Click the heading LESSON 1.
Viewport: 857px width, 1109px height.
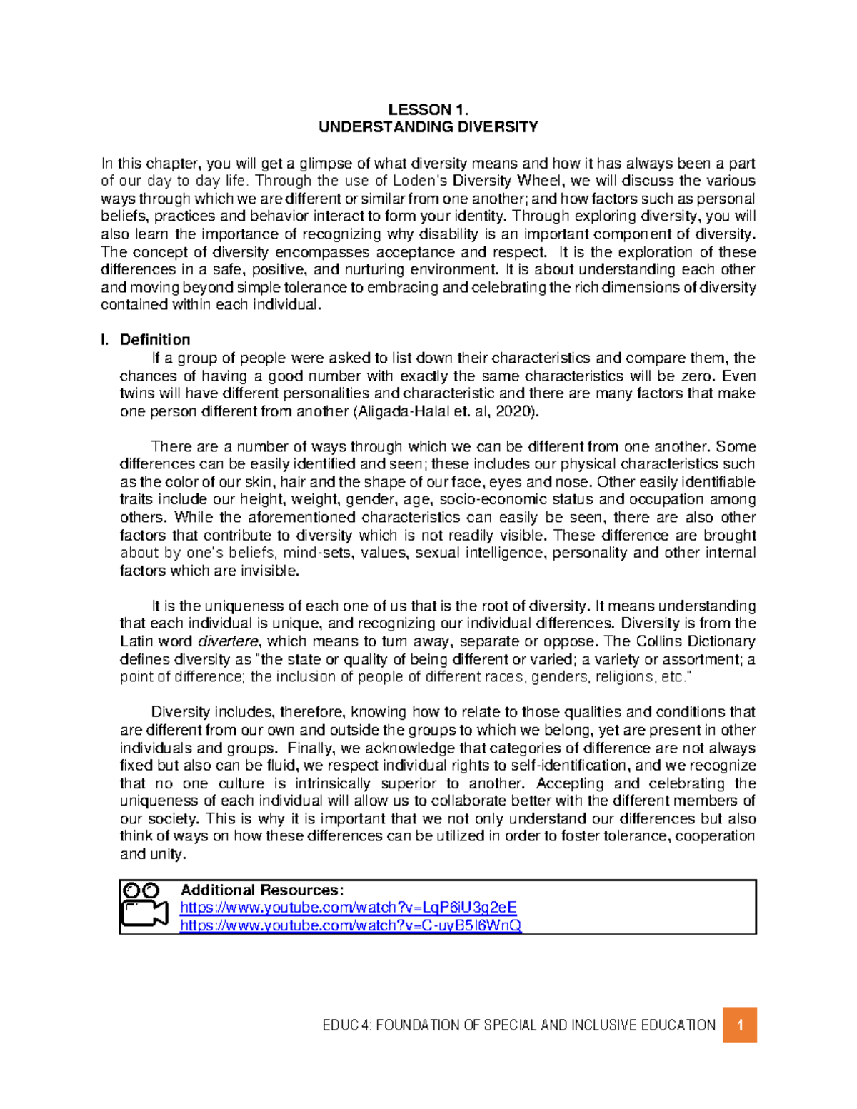[428, 109]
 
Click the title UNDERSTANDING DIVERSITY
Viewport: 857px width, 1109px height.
[428, 127]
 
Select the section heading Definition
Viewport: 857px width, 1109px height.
[155, 340]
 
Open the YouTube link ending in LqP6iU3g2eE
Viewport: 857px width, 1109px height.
[349, 908]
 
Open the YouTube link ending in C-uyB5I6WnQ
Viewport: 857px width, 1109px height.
[351, 925]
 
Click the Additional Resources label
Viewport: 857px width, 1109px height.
[262, 890]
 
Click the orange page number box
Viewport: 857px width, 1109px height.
[740, 1025]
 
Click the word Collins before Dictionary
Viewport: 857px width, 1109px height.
[661, 641]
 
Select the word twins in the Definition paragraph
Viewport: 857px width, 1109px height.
[136, 393]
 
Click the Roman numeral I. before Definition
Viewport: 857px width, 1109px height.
[105, 340]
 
